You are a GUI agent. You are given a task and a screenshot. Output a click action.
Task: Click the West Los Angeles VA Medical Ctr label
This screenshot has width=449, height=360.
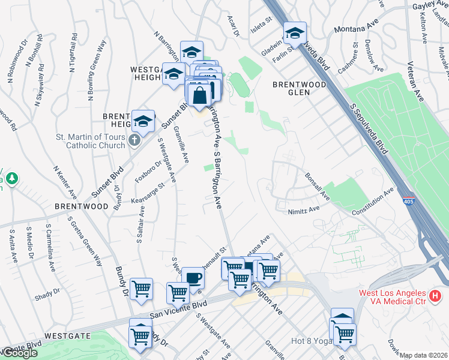coord(392,297)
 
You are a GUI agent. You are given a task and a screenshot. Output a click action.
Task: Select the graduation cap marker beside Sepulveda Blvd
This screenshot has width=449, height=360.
coord(295,33)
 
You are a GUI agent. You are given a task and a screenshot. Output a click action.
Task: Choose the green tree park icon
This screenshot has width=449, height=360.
coord(11,178)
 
